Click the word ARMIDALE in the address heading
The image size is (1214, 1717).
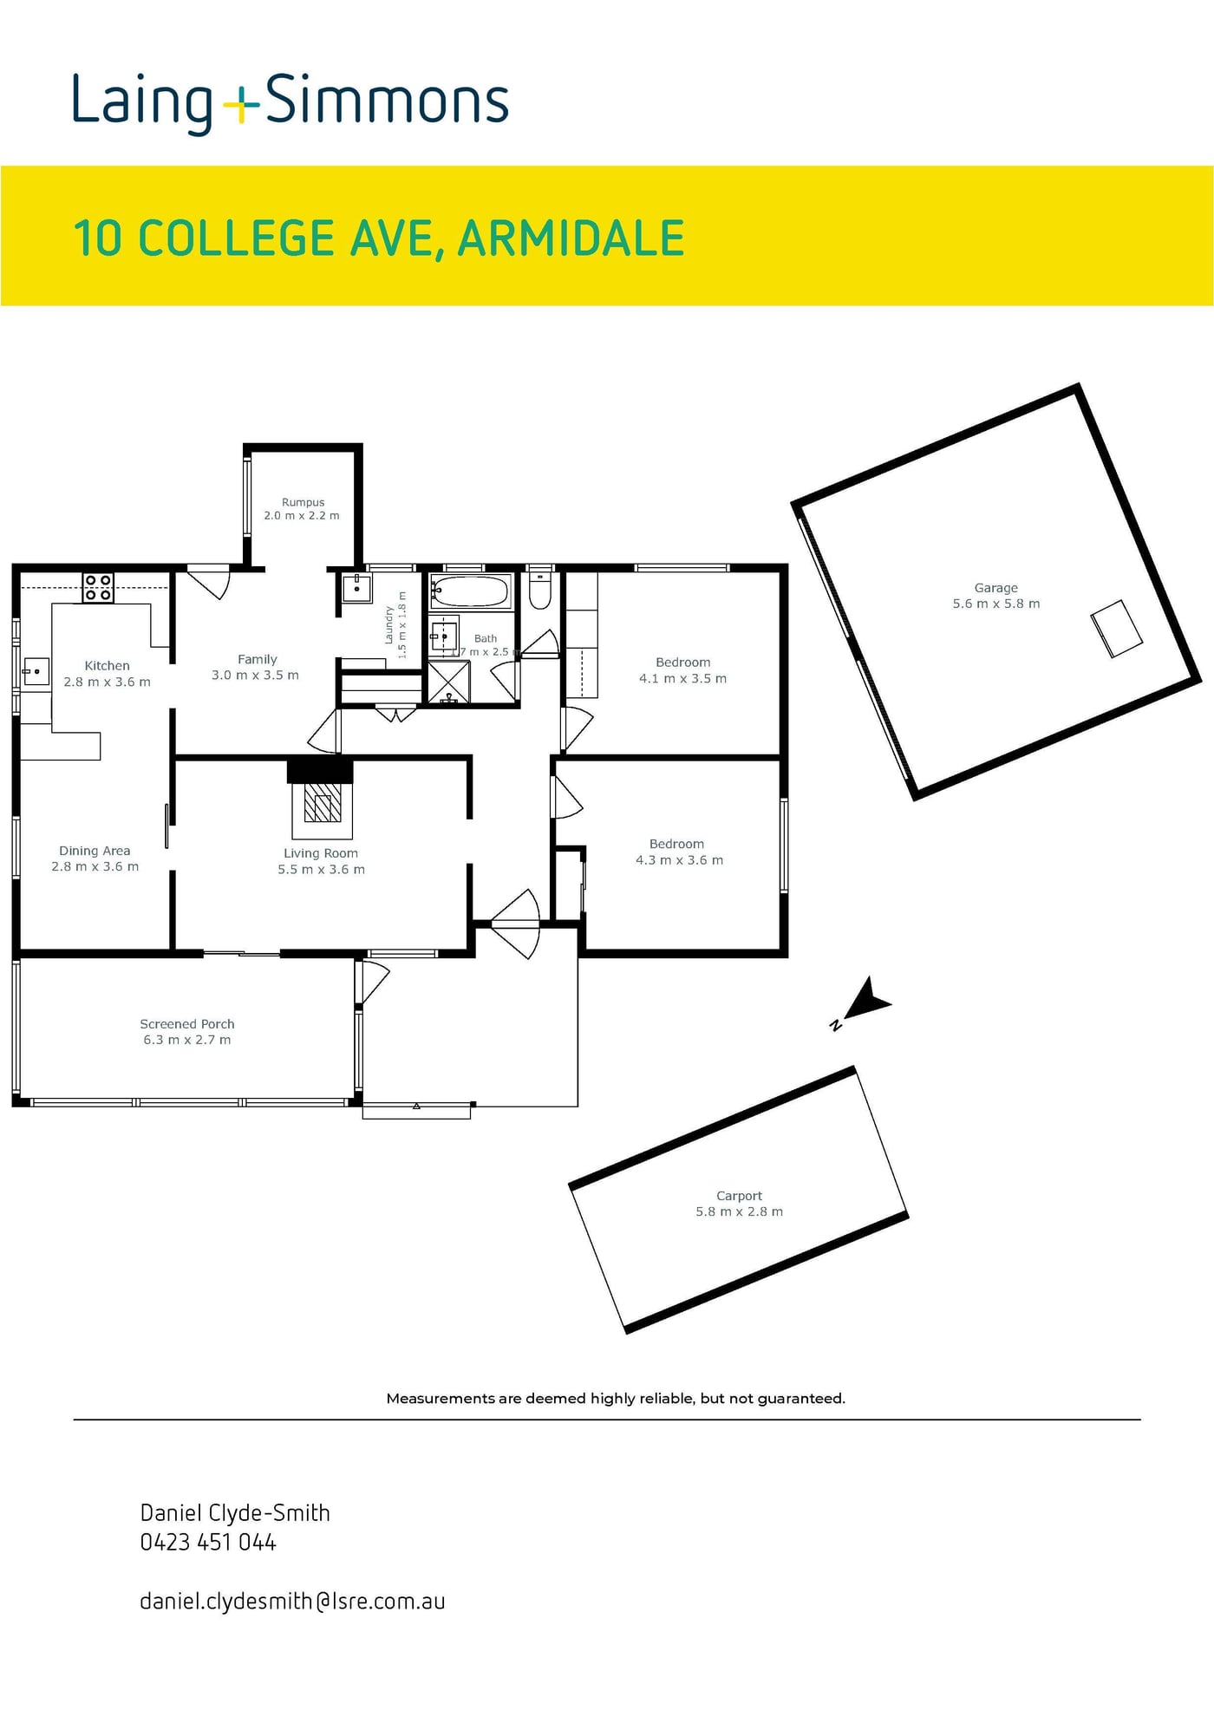click(571, 238)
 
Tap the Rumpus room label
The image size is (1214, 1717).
click(303, 502)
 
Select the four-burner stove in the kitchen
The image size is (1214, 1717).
click(98, 588)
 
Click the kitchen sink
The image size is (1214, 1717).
click(36, 672)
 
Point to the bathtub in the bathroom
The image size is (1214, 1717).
click(471, 592)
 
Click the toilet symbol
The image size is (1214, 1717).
click(540, 590)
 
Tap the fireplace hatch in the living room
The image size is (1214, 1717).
click(321, 807)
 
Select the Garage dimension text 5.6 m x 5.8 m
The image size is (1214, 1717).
click(996, 604)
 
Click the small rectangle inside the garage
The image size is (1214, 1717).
click(1117, 629)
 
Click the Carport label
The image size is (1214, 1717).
click(740, 1196)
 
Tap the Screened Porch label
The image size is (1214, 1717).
click(187, 1024)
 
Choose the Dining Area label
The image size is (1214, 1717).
click(95, 851)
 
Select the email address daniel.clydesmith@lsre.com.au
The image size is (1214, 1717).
click(292, 1601)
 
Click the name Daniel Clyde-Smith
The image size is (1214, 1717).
click(235, 1512)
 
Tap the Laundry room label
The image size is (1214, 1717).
click(389, 625)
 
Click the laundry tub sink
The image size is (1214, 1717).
click(357, 588)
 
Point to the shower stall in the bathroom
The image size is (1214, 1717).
click(449, 682)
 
